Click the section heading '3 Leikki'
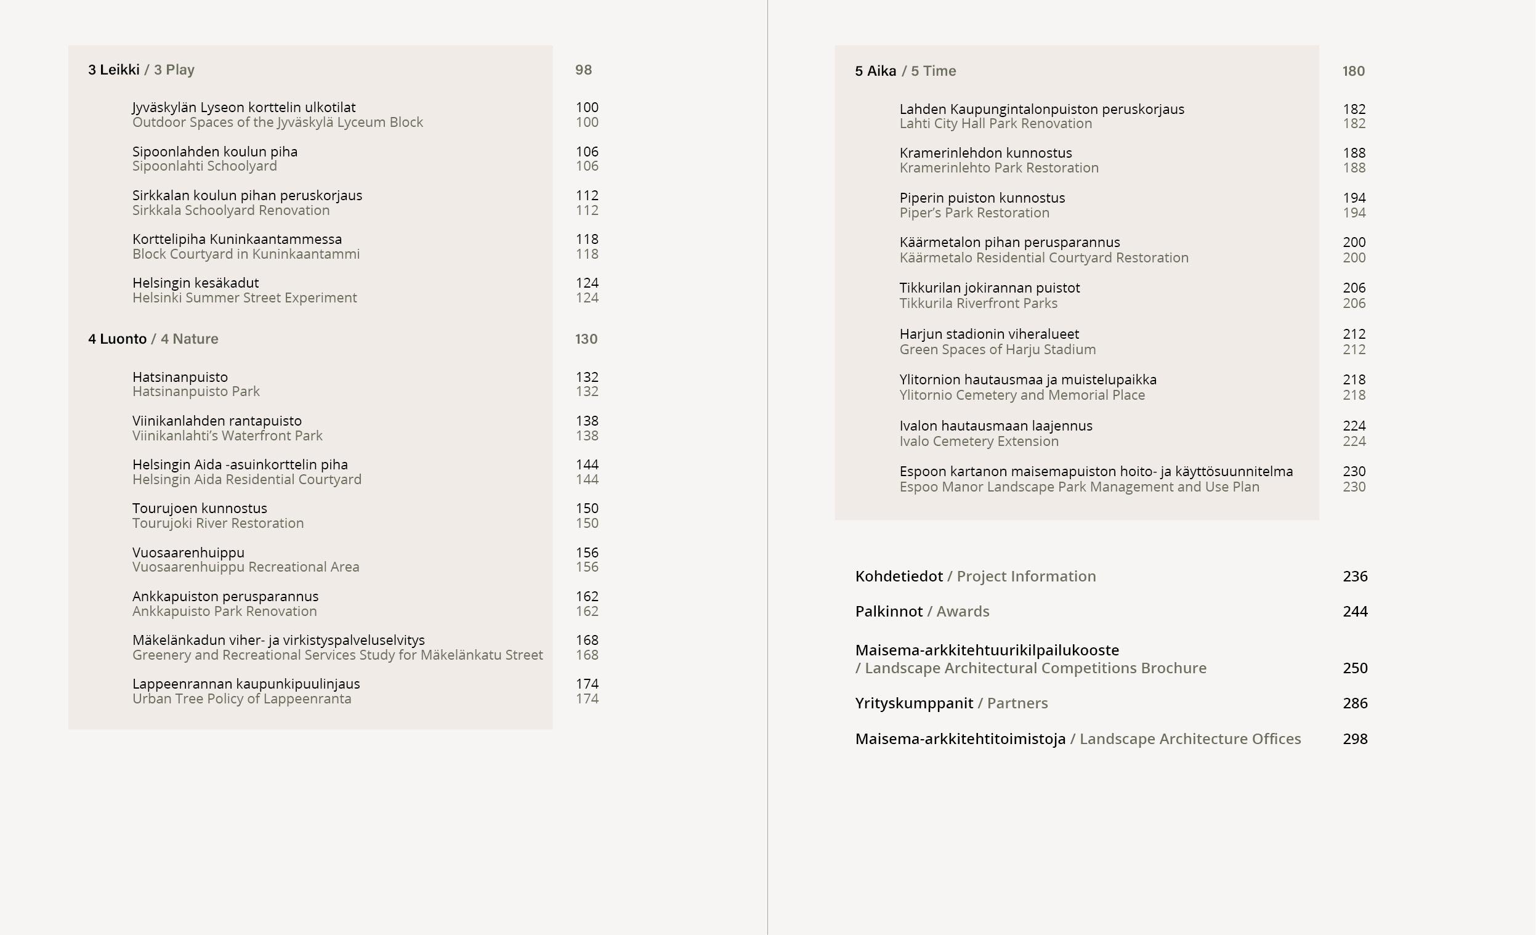click(113, 70)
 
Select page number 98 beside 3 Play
click(583, 70)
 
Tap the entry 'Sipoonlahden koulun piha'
click(214, 152)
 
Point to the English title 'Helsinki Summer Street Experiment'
click(245, 298)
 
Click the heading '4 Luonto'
click(117, 339)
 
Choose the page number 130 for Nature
click(586, 339)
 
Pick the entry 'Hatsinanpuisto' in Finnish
click(180, 377)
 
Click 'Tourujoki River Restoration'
click(218, 523)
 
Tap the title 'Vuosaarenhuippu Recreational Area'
click(246, 567)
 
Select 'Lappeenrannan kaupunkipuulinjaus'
click(246, 684)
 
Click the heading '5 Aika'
click(875, 71)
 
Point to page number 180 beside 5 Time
click(1353, 71)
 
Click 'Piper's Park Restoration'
click(974, 213)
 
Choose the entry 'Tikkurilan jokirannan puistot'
click(989, 288)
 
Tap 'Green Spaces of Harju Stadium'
click(997, 350)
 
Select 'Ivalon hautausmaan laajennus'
click(995, 426)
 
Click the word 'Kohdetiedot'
click(899, 577)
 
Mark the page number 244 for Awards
click(1355, 612)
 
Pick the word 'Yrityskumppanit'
click(914, 703)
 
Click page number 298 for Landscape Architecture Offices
click(1355, 739)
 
